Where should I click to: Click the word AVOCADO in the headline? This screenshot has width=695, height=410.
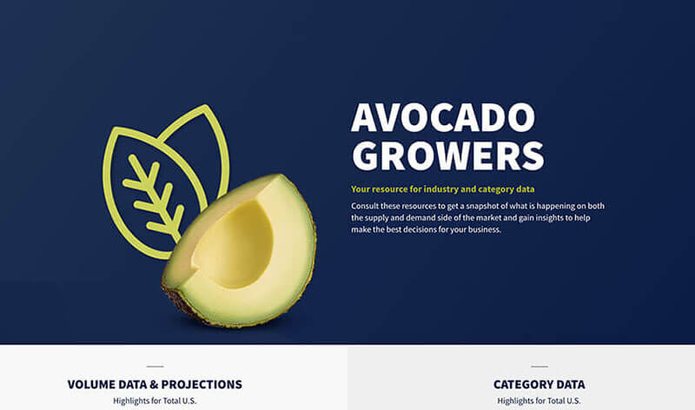point(443,117)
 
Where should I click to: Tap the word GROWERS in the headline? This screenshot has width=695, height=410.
point(447,155)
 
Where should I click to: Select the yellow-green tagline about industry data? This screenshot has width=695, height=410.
point(443,189)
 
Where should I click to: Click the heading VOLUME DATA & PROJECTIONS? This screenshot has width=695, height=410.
point(155,384)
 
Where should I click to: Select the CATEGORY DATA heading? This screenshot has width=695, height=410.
point(539,384)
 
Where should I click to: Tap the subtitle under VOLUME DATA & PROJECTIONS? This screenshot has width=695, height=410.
point(155,400)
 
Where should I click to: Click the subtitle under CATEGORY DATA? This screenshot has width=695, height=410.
point(539,400)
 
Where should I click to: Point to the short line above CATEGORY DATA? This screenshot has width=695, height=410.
point(539,367)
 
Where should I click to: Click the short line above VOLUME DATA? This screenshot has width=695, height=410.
point(156,367)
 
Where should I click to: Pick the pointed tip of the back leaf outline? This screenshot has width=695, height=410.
point(205,106)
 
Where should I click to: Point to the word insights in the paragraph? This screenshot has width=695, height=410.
point(548,218)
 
